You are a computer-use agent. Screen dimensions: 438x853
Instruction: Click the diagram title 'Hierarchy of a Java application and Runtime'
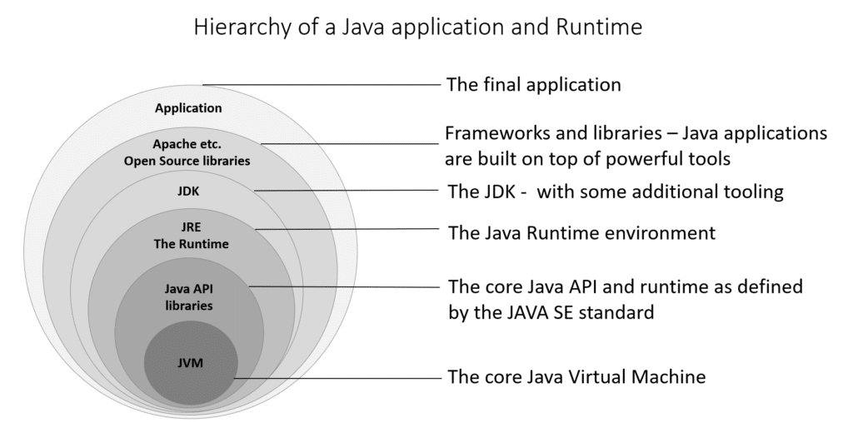(x=417, y=27)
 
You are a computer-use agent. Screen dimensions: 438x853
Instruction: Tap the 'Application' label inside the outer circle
(x=188, y=107)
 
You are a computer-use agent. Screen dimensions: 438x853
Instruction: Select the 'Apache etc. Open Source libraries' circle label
(x=187, y=152)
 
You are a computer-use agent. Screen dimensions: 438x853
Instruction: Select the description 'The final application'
(x=533, y=84)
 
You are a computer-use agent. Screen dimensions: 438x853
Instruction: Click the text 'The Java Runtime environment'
(x=581, y=233)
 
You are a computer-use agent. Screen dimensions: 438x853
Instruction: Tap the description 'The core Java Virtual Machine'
(x=576, y=377)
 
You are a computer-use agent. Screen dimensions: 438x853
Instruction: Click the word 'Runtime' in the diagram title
(x=605, y=27)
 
